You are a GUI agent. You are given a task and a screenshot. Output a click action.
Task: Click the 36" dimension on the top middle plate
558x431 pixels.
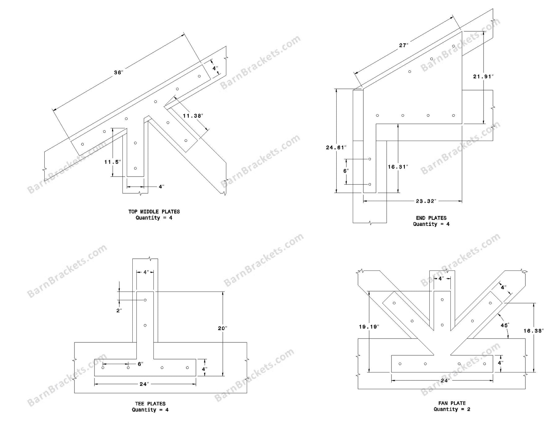tap(119, 73)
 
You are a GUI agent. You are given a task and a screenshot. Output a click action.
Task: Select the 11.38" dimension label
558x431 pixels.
tap(193, 116)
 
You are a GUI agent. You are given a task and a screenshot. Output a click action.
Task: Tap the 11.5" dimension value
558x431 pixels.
tap(113, 162)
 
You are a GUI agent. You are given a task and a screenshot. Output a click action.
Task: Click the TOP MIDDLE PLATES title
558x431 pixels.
tap(154, 212)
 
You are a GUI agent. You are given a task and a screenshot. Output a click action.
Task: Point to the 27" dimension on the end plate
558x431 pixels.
tap(404, 45)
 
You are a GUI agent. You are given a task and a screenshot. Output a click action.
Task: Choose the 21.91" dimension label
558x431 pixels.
tap(483, 76)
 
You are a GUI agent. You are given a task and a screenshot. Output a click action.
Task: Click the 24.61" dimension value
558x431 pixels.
tap(336, 147)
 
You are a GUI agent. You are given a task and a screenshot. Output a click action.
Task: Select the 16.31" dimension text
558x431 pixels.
tap(398, 167)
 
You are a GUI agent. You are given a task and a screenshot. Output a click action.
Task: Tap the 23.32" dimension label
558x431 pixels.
tap(426, 201)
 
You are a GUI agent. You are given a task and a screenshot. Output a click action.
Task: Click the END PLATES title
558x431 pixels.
tap(431, 218)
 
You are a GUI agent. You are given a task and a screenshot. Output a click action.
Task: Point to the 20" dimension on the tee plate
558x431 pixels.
tap(222, 328)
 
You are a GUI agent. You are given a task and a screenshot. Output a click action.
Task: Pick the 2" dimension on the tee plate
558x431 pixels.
tap(119, 310)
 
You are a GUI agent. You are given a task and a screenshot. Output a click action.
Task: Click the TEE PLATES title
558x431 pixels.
tap(150, 404)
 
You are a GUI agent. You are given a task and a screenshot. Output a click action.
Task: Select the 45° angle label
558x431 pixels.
tap(505, 325)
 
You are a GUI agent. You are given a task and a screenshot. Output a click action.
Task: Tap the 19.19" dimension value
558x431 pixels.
tap(369, 327)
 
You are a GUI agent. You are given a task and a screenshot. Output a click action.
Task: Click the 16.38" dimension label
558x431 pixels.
tap(534, 331)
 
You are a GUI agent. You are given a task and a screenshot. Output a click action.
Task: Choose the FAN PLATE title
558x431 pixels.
tap(452, 403)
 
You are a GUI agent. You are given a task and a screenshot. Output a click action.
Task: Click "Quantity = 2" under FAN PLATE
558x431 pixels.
tap(452, 409)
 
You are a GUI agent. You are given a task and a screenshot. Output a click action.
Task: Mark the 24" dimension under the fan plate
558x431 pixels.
tap(445, 380)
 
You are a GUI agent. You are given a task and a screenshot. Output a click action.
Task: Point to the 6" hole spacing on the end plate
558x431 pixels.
tap(346, 171)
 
